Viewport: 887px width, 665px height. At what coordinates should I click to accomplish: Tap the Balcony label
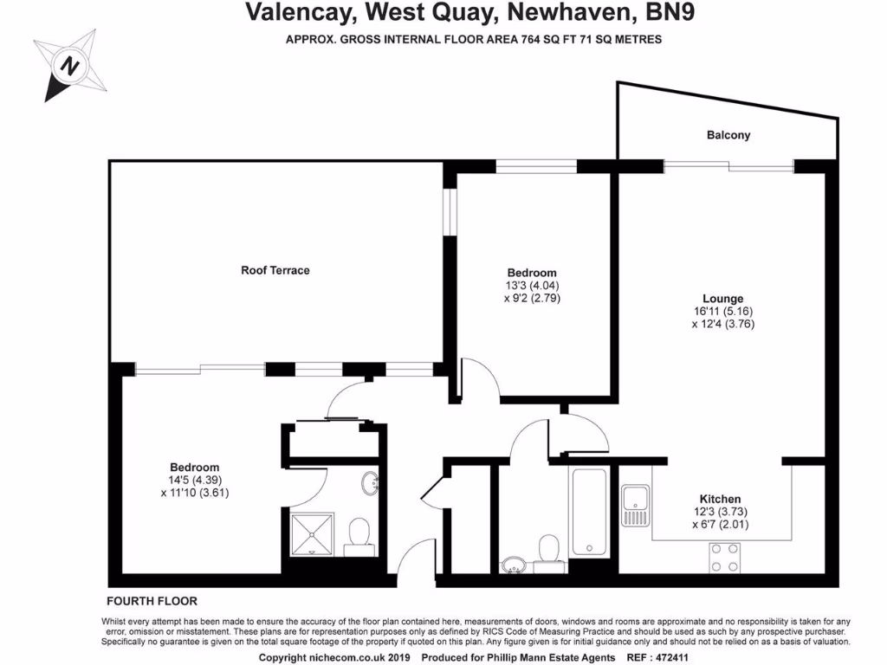[728, 135]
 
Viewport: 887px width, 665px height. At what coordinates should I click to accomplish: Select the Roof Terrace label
[275, 270]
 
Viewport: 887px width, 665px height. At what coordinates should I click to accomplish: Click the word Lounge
[722, 299]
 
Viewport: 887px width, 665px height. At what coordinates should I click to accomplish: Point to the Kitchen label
[720, 499]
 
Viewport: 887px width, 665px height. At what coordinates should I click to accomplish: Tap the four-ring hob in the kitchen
[724, 556]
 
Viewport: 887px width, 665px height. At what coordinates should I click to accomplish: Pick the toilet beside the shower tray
[357, 537]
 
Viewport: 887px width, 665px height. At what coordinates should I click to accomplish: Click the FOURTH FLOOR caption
[152, 601]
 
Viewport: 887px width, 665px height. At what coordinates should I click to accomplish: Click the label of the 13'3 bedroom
[533, 273]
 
